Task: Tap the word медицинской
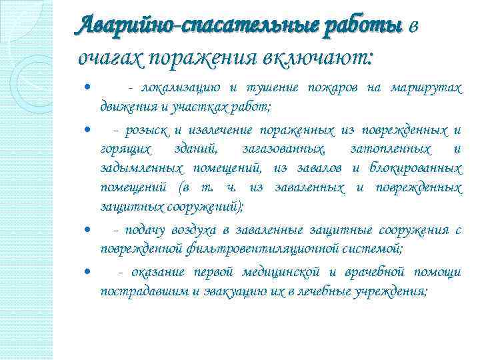click(283, 272)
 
